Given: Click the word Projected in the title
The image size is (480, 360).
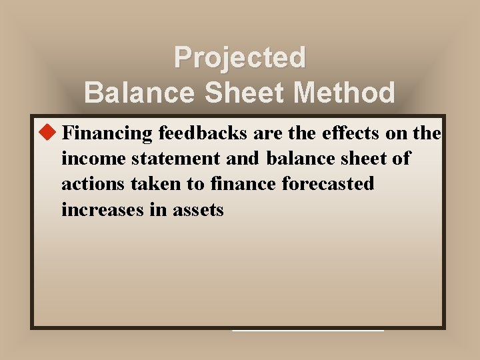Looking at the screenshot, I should point(240,58).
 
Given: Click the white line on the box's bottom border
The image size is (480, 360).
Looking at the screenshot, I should point(308,330).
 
